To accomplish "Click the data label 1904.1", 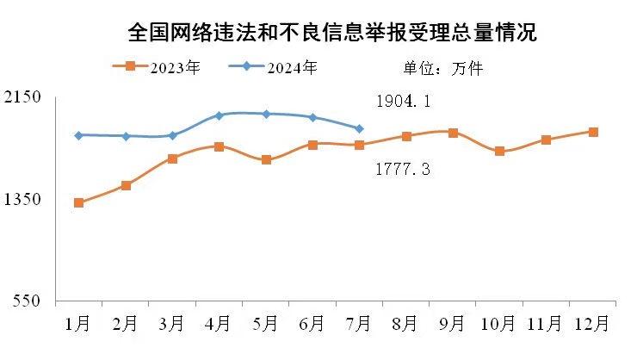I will tap(403, 102).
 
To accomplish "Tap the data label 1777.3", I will tap(403, 170).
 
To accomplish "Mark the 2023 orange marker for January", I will tap(78, 203).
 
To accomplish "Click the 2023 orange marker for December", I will tap(593, 132).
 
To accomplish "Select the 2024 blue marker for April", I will tap(219, 115).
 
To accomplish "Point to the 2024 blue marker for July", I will tap(359, 128).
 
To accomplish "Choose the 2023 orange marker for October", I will tap(499, 152).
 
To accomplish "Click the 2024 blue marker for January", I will tap(78, 135).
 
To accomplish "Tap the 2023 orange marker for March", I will tap(172, 158).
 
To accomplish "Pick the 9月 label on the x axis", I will tap(452, 323).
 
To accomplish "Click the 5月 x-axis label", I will tap(265, 323).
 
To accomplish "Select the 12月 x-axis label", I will tap(592, 323).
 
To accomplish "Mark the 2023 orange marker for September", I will tap(453, 133).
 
